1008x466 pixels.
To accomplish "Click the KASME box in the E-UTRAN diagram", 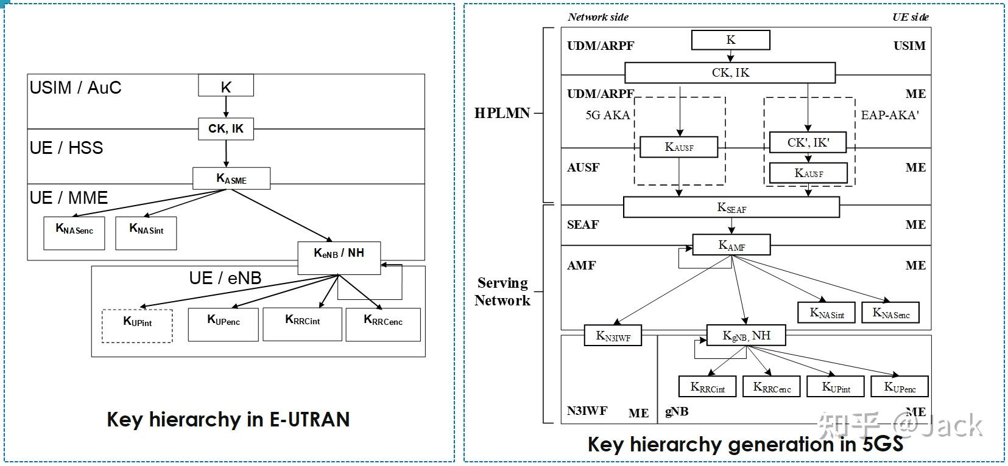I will click(231, 179).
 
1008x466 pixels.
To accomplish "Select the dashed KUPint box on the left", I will click(137, 325).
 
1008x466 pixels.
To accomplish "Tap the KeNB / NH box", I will click(339, 257).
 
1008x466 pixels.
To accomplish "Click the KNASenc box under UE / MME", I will click(74, 233).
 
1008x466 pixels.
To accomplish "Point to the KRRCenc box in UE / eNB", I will click(382, 324).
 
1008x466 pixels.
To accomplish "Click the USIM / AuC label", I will click(76, 88).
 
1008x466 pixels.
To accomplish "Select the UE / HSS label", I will click(66, 148).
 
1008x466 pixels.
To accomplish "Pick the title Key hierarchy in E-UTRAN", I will click(228, 419).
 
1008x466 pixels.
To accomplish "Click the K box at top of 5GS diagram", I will click(730, 40).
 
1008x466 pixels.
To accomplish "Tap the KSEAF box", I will click(731, 207).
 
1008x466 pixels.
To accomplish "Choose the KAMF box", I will click(731, 245).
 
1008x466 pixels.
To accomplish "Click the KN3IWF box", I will click(613, 336).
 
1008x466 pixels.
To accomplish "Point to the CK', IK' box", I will click(808, 142).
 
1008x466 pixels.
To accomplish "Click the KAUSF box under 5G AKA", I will click(678, 147).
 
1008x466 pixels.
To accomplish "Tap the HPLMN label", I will click(502, 113).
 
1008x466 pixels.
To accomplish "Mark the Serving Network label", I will click(502, 291).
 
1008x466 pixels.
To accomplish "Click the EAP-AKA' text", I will click(889, 115).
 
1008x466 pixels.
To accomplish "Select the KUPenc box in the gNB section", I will click(900, 387).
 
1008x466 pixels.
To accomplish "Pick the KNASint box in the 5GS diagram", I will click(826, 313).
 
